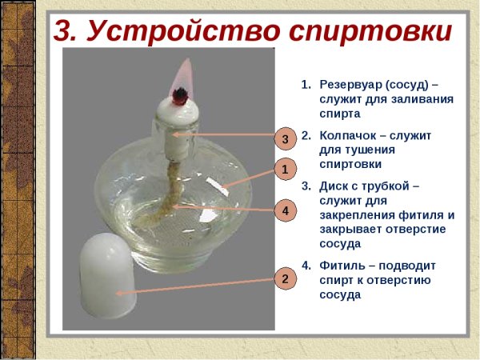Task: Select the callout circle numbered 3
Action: [284, 138]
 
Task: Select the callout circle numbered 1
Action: [284, 169]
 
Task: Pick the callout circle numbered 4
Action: [284, 210]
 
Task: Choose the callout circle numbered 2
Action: [284, 279]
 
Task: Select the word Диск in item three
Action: [335, 186]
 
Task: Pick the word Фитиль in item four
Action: [345, 265]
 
